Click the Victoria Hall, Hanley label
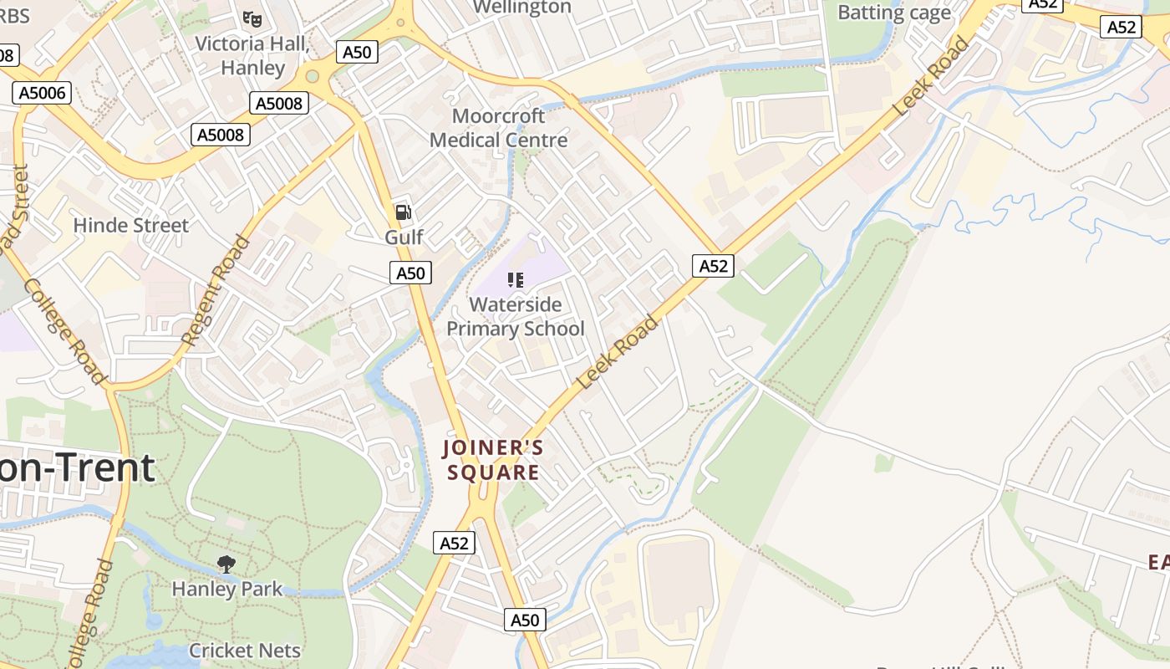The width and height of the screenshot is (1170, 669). pyautogui.click(x=252, y=55)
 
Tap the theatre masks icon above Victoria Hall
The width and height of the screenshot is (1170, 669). pyautogui.click(x=252, y=18)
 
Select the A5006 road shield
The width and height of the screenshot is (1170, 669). pyautogui.click(x=42, y=93)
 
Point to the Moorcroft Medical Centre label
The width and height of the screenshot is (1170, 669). pyautogui.click(x=498, y=128)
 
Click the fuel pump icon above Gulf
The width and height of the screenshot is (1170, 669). pyautogui.click(x=403, y=212)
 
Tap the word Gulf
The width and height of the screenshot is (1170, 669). pyautogui.click(x=404, y=237)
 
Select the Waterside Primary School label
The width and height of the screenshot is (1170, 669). pyautogui.click(x=516, y=316)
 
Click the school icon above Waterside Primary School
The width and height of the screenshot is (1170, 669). pyautogui.click(x=516, y=280)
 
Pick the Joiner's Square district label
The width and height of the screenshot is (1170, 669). pyautogui.click(x=493, y=460)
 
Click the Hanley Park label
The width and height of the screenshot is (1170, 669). pyautogui.click(x=227, y=589)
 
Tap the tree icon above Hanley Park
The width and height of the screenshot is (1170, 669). pyautogui.click(x=226, y=564)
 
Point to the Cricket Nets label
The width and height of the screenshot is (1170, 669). pyautogui.click(x=245, y=650)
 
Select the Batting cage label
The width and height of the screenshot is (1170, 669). pyautogui.click(x=894, y=13)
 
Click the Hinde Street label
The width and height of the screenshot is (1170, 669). pyautogui.click(x=131, y=225)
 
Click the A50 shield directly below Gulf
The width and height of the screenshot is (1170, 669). pyautogui.click(x=410, y=273)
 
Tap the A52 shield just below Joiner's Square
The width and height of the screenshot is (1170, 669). pyautogui.click(x=455, y=544)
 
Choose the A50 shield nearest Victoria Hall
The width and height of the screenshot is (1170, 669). pyautogui.click(x=357, y=52)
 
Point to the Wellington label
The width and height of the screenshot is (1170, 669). pyautogui.click(x=522, y=8)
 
